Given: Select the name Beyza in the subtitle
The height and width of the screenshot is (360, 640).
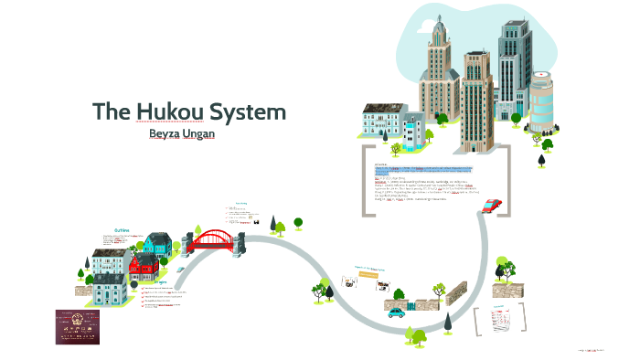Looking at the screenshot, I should pos(169,135).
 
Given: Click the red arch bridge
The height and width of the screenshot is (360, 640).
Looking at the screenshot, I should pos(216,239).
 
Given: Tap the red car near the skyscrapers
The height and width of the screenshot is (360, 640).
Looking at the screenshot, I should pos(493,206).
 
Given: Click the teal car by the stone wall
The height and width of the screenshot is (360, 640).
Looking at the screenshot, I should pos(395,312).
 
